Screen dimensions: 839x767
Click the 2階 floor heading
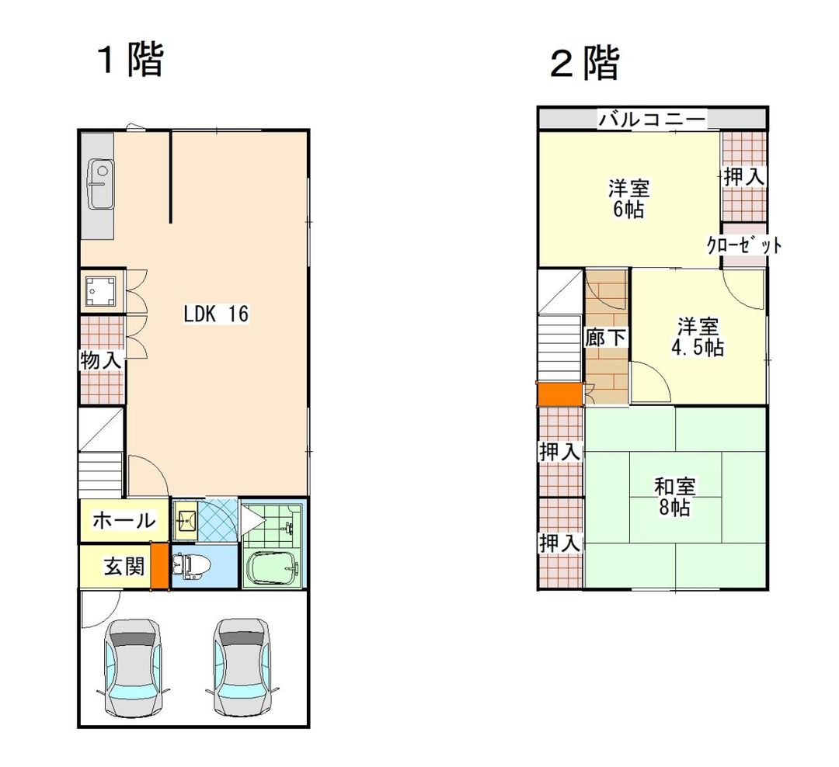click(x=585, y=63)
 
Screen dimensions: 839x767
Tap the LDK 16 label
click(x=216, y=314)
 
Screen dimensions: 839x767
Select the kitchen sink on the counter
click(x=100, y=185)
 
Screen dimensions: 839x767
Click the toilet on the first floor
click(x=191, y=567)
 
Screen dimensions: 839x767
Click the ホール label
click(x=124, y=520)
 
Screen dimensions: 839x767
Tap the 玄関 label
click(x=124, y=566)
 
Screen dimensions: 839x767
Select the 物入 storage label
click(x=101, y=360)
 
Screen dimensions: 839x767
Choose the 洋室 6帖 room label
click(x=628, y=199)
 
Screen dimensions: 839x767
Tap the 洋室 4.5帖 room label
click(x=698, y=337)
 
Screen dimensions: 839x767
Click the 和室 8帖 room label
click(x=674, y=496)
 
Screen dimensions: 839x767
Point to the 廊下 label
click(x=605, y=338)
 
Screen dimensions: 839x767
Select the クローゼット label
click(x=743, y=245)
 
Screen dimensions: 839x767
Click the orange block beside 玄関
click(x=159, y=566)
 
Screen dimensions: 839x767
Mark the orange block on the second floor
click(x=559, y=394)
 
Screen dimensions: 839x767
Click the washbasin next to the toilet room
click(x=185, y=519)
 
